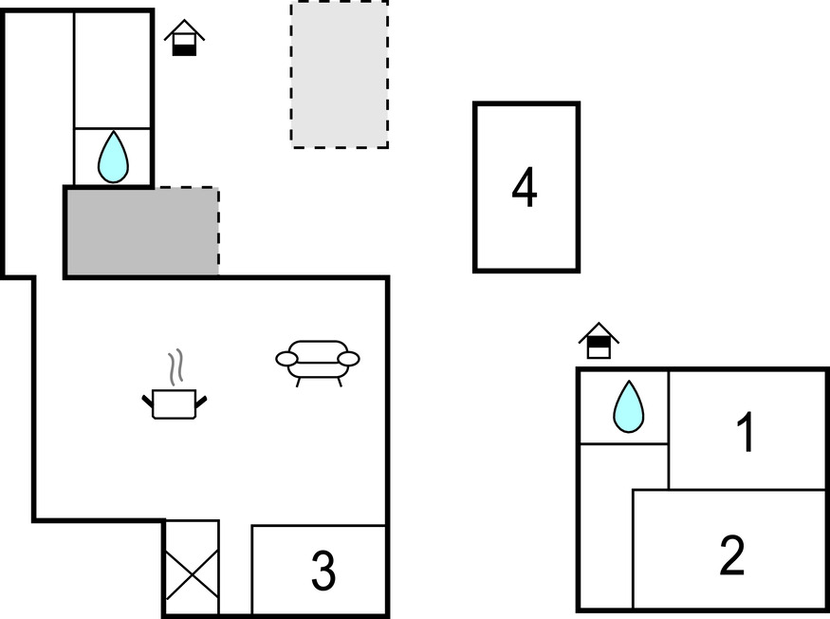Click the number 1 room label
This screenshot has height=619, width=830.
click(x=747, y=432)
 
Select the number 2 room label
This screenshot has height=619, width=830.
click(x=731, y=555)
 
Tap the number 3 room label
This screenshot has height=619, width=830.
click(x=323, y=571)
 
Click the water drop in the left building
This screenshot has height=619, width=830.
click(x=113, y=158)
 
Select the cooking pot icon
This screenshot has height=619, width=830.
click(x=175, y=403)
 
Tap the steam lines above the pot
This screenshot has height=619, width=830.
click(x=175, y=366)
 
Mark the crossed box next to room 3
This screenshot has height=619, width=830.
click(x=192, y=568)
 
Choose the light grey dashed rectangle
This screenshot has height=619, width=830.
click(x=340, y=74)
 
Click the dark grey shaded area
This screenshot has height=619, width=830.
click(x=141, y=233)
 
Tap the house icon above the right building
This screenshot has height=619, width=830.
click(x=599, y=340)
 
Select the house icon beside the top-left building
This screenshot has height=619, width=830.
click(x=184, y=38)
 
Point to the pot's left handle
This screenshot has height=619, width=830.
click(x=148, y=402)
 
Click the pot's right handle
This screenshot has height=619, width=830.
click(x=201, y=402)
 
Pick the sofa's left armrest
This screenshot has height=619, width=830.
click(x=286, y=359)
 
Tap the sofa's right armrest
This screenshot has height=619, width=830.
click(x=349, y=359)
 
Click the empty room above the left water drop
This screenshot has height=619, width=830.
click(x=113, y=68)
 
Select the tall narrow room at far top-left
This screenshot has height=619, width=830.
click(x=38, y=142)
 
